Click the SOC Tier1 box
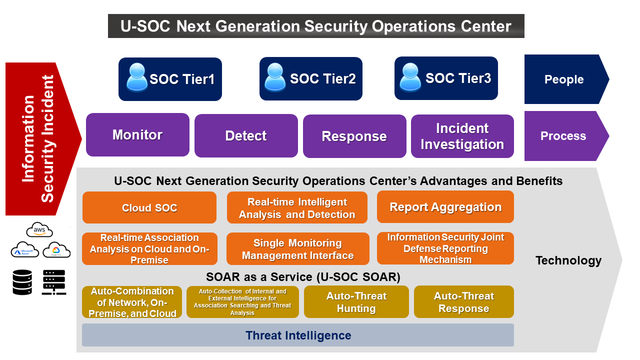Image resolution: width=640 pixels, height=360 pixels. tap(170, 79)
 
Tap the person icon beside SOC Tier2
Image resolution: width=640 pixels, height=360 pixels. tap(275, 77)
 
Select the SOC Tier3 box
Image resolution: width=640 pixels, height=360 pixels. tap(446, 78)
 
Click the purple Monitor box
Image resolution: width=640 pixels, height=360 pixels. tap(137, 135)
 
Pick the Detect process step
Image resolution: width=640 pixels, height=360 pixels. tap(246, 135)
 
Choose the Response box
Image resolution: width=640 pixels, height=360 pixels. tap(354, 136)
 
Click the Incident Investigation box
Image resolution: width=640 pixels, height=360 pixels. tap(462, 136)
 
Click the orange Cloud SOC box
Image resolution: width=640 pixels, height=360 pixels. tap(149, 207)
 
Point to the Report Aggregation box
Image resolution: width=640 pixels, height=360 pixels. tap(445, 207)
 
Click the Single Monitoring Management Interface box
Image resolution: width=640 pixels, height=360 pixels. tap(298, 249)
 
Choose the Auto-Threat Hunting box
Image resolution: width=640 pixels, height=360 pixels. tap(356, 302)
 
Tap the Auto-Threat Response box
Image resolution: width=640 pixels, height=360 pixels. tap(464, 302)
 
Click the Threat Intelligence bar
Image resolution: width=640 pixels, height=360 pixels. tap(298, 335)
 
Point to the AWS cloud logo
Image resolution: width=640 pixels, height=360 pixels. tap(39, 229)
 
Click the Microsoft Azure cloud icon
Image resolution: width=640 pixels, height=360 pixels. tap(25, 249)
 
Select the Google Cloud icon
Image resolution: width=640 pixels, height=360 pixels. tap(56, 250)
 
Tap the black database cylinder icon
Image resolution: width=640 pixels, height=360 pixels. tap(22, 282)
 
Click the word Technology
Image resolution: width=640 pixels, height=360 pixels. tap(568, 260)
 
